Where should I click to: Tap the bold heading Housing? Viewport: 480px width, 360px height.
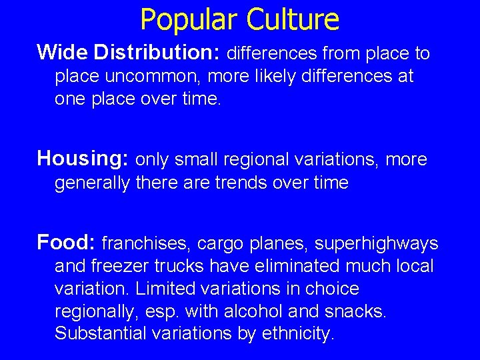point(83,159)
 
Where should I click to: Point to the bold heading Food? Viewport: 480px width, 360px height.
point(67,242)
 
